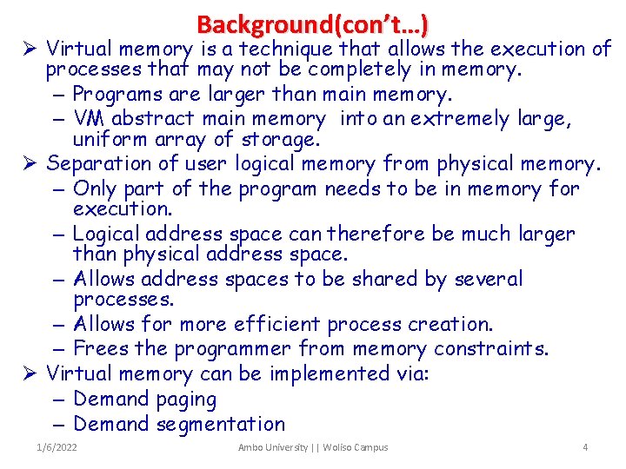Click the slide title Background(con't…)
pyautogui.click(x=312, y=23)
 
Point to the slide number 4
pyautogui.click(x=585, y=447)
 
